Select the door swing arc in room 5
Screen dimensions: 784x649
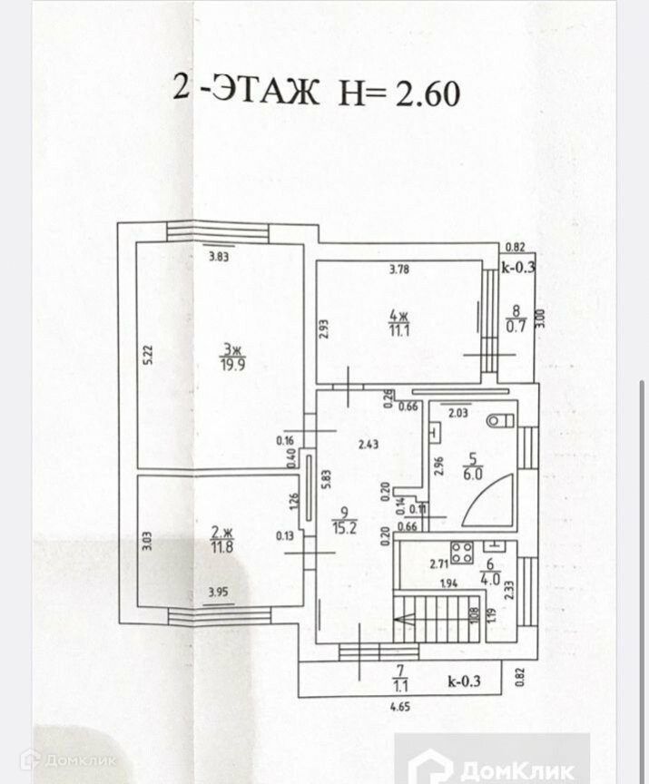point(490,501)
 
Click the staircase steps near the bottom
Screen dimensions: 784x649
point(436,619)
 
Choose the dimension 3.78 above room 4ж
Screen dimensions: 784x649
point(398,268)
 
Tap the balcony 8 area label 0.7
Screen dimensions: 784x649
point(516,327)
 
